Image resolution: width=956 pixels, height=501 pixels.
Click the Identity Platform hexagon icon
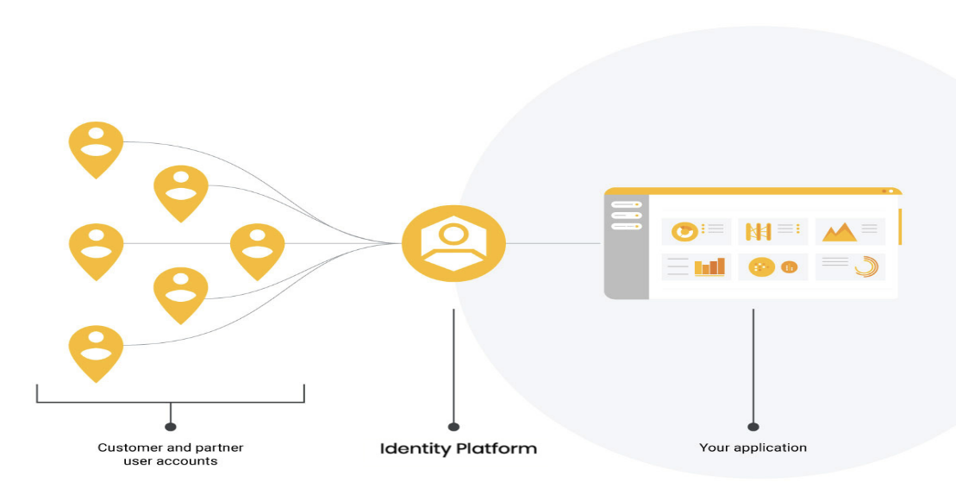(453, 243)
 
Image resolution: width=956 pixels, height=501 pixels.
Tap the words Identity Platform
(458, 448)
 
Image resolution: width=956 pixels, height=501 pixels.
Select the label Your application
(753, 448)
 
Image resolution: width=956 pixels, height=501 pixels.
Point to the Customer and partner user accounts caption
(170, 454)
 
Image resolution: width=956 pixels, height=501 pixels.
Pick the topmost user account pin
(96, 147)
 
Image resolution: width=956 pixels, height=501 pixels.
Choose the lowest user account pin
(96, 351)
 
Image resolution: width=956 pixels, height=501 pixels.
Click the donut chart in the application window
(685, 231)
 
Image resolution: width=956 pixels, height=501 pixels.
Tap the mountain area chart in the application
(838, 231)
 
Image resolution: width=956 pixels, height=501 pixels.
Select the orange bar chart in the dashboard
(709, 267)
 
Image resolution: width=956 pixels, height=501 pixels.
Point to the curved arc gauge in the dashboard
(865, 267)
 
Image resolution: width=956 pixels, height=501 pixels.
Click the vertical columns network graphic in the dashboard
(758, 231)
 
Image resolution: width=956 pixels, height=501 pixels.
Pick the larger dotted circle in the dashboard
(761, 267)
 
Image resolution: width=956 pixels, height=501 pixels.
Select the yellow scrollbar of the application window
(900, 226)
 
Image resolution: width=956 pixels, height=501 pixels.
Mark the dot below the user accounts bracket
(171, 426)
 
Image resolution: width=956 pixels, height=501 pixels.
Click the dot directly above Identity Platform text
(453, 426)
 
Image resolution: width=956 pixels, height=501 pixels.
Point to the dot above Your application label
(753, 426)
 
